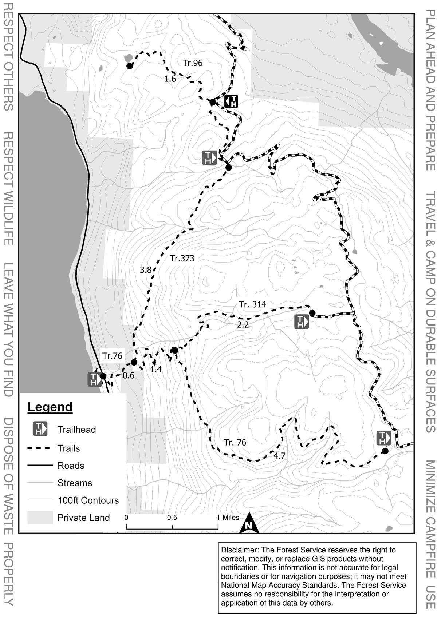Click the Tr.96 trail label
point(193,63)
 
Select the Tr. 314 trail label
point(252,304)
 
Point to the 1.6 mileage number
point(170,79)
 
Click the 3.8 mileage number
point(146,270)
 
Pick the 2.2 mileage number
point(243,325)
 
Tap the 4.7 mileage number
point(279,456)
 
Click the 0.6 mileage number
point(129,375)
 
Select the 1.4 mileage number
point(156,370)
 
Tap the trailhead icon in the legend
point(40,429)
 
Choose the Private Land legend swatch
point(40,518)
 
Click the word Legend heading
point(50,407)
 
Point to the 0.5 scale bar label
point(172,518)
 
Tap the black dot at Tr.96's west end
point(129,66)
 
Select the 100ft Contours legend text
point(88,500)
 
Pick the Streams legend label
point(75,483)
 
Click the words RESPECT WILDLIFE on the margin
point(9,188)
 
